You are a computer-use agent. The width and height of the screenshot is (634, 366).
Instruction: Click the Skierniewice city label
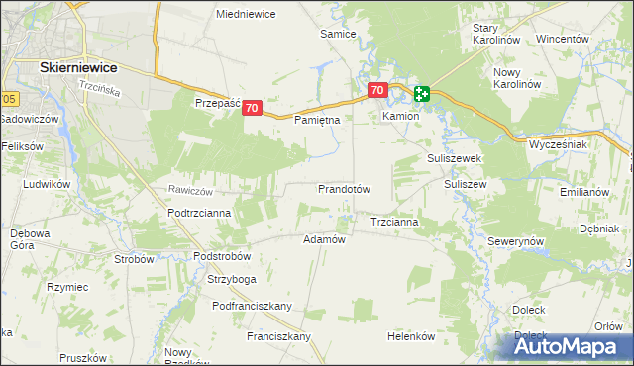click(77, 66)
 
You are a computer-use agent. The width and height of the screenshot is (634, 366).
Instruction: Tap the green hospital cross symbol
click(422, 95)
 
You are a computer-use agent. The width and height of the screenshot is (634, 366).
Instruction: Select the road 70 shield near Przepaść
click(252, 108)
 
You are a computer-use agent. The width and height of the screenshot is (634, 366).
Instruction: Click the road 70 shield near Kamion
click(376, 90)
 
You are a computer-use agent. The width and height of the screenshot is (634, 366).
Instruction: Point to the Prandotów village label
click(343, 188)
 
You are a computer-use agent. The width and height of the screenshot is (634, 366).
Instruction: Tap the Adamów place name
click(323, 239)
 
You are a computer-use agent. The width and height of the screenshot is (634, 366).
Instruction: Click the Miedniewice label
click(246, 14)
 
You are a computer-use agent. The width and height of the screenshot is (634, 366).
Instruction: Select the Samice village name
click(337, 33)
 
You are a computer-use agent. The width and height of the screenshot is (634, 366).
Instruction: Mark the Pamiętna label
click(318, 120)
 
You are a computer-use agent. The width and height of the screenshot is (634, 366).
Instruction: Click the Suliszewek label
click(454, 157)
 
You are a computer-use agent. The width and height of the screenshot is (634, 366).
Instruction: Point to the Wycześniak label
click(559, 144)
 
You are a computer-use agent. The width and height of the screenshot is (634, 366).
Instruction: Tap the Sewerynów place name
click(516, 241)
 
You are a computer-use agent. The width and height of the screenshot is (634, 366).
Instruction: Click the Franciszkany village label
click(278, 336)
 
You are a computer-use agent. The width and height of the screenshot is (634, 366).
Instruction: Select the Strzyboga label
click(231, 278)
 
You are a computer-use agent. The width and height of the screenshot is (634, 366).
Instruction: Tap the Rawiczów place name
click(191, 190)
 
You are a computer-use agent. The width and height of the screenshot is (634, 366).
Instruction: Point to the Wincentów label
click(563, 39)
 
